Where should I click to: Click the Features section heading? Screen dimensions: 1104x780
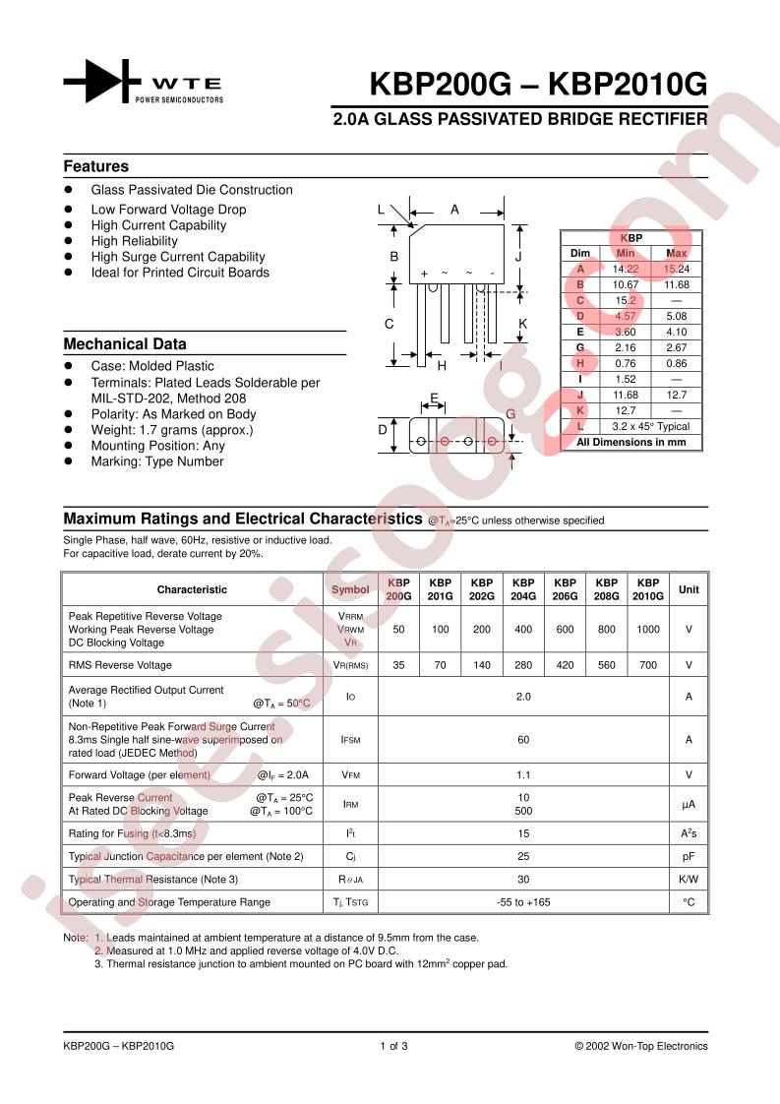pyautogui.click(x=96, y=166)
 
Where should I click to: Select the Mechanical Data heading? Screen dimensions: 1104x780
pyautogui.click(x=125, y=343)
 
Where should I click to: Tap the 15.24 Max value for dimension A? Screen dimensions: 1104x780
pyautogui.click(x=676, y=269)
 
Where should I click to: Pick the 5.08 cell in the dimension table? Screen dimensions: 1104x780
pyautogui.click(x=676, y=316)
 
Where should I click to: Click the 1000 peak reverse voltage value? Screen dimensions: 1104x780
pyautogui.click(x=647, y=629)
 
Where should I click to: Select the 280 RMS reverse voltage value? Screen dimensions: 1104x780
pyautogui.click(x=523, y=665)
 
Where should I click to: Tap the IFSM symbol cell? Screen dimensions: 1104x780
pyautogui.click(x=350, y=738)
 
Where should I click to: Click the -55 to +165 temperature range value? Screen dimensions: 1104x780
pyautogui.click(x=523, y=901)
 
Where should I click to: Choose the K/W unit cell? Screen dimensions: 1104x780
pyautogui.click(x=689, y=879)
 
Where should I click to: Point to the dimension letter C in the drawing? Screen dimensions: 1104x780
pyautogui.click(x=390, y=324)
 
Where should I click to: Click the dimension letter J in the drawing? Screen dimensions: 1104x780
pyautogui.click(x=517, y=256)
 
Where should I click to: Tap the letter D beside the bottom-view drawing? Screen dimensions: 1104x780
pyautogui.click(x=384, y=429)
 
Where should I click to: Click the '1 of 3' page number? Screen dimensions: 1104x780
pyautogui.click(x=393, y=1046)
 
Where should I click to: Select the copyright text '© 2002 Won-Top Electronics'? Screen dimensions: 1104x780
pyautogui.click(x=640, y=1046)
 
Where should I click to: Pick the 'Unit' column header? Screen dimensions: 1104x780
pyautogui.click(x=689, y=589)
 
